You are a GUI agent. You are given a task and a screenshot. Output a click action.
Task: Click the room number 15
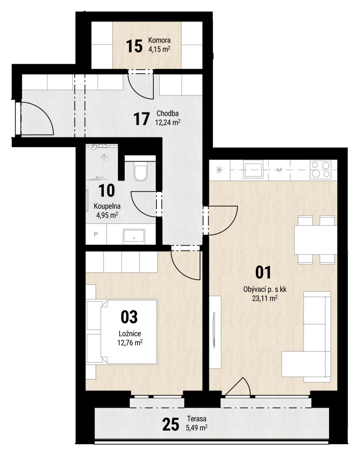(x=134, y=46)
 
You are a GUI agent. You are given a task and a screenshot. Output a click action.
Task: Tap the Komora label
(x=159, y=40)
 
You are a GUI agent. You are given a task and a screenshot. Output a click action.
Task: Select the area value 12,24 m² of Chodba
(x=167, y=122)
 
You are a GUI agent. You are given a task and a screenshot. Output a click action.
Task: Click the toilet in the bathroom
(x=141, y=171)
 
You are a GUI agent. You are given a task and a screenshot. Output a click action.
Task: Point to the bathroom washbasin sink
(x=134, y=235)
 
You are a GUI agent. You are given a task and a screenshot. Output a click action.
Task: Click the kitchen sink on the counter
(x=253, y=170)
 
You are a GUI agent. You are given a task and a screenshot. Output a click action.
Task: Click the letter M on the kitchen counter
(x=279, y=170)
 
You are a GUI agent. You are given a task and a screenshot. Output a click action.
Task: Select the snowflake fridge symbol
(x=219, y=170)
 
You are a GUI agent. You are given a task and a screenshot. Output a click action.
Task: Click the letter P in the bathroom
(x=96, y=234)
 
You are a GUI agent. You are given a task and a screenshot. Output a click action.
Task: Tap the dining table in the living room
(x=315, y=240)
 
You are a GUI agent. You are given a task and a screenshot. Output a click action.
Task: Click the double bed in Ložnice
(x=122, y=332)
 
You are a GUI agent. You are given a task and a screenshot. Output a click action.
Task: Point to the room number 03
(x=129, y=317)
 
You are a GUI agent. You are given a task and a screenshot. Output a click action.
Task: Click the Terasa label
(x=197, y=419)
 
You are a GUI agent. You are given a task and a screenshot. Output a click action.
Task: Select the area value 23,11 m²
(x=264, y=298)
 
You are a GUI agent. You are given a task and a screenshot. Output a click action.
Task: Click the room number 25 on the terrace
(x=170, y=425)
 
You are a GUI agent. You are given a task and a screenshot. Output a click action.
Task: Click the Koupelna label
(x=107, y=206)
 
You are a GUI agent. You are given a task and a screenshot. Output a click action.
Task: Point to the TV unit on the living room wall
(x=215, y=332)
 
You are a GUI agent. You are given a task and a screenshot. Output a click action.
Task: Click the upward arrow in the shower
(x=104, y=157)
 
